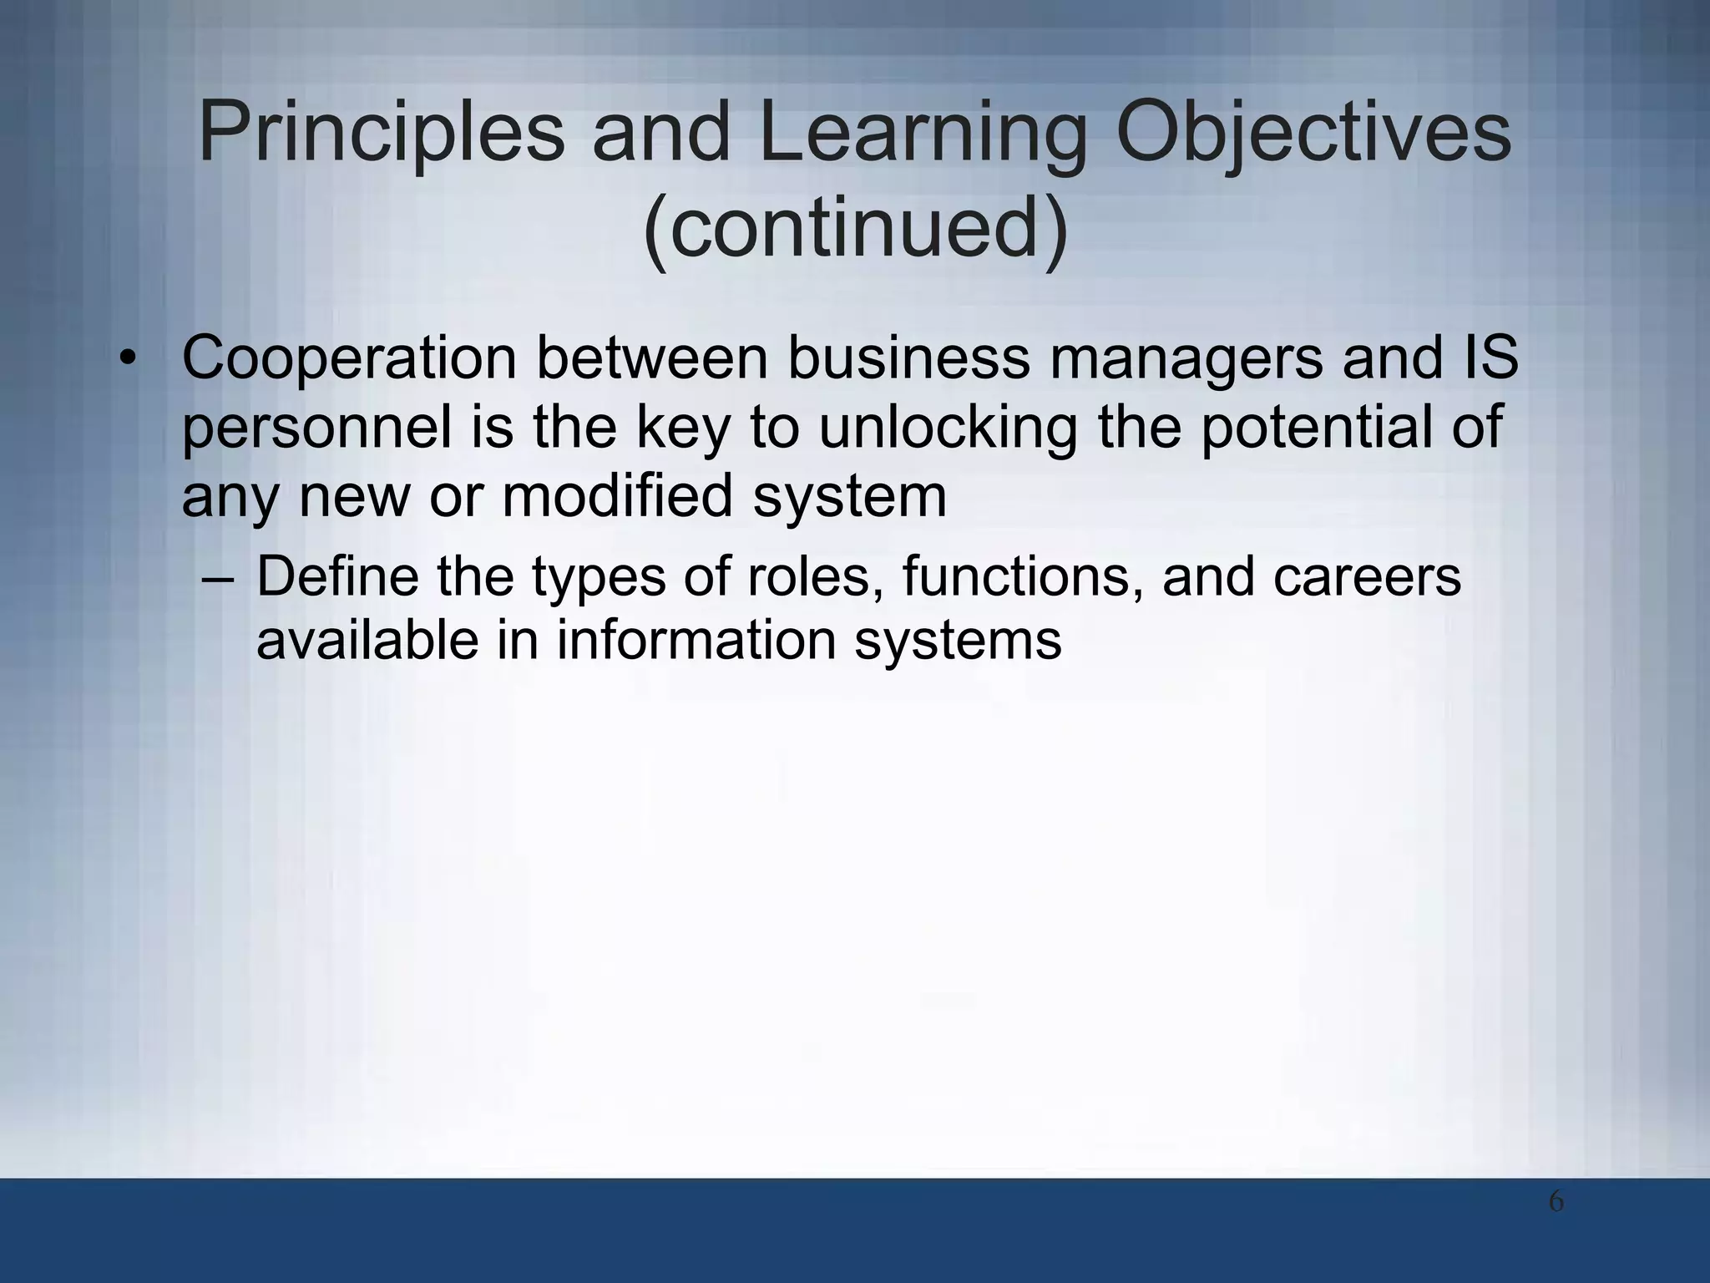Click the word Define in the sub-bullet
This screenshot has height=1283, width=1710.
click(337, 576)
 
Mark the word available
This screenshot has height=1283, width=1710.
click(367, 641)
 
